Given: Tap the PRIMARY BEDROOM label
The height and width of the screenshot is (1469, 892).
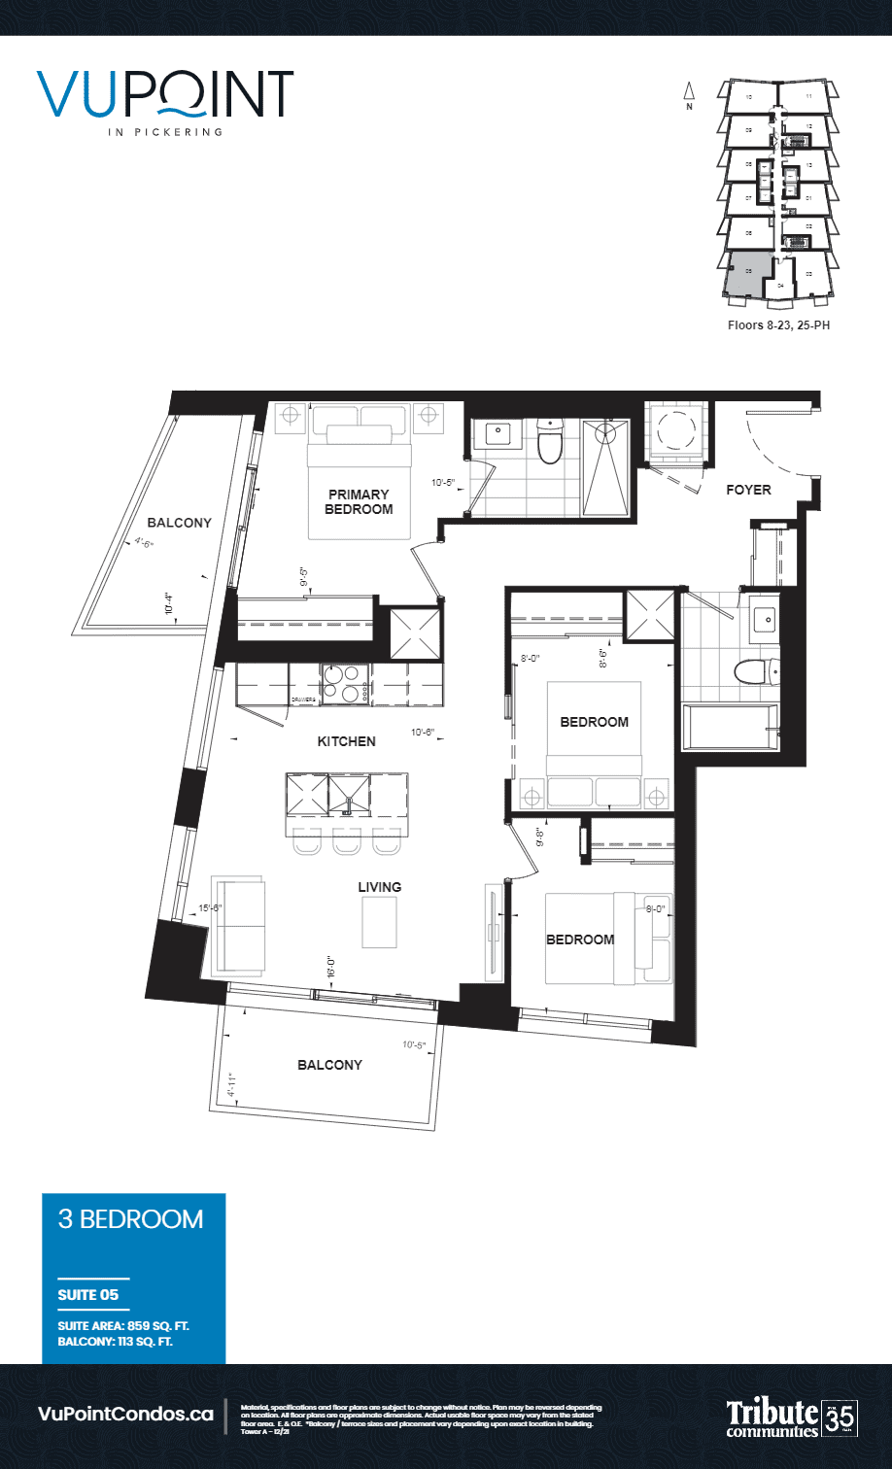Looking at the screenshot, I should click(358, 501).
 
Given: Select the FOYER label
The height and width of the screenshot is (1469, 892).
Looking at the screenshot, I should click(748, 490).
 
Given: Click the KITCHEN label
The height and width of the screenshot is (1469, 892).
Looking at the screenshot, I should click(346, 741).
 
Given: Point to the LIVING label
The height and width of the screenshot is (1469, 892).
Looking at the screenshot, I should click(379, 887).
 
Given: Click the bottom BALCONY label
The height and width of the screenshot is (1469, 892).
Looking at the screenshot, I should click(329, 1065).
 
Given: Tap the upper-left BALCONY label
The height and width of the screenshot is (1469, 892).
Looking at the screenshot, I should click(180, 523).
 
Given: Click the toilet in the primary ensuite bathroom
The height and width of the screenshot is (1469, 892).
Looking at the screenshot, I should click(550, 443).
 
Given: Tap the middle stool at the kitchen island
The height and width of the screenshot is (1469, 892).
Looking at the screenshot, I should click(347, 843).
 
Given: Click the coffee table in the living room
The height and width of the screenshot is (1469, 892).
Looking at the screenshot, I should click(379, 921).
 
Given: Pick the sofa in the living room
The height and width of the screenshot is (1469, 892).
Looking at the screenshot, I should click(239, 924).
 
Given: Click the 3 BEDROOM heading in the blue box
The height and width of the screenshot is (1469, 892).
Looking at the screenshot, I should click(131, 1219).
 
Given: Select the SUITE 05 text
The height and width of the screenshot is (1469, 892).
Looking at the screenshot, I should click(88, 1294).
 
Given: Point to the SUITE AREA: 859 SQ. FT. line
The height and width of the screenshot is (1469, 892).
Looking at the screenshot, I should click(129, 1326).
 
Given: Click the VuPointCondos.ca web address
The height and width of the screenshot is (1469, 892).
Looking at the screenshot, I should click(125, 1414).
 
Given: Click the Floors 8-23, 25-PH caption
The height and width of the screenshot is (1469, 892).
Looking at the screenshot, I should click(778, 325).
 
